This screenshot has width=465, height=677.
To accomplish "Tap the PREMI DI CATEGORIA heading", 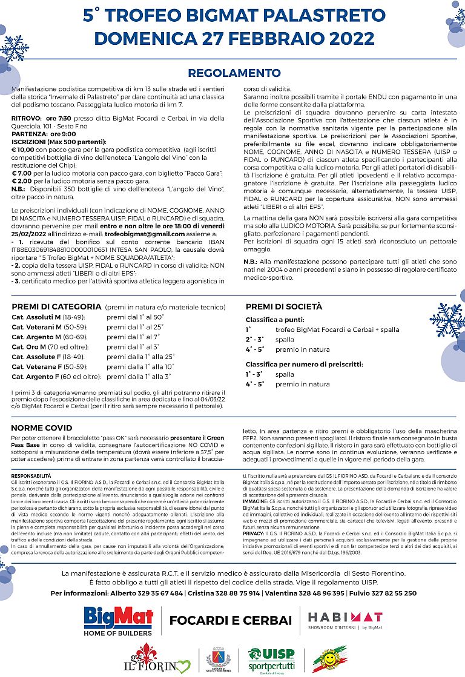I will point(56,307).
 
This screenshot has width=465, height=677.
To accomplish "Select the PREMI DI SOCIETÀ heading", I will point(284,307).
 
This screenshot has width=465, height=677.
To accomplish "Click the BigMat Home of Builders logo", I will point(118,620).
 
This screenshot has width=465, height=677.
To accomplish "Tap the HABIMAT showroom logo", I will point(345,621).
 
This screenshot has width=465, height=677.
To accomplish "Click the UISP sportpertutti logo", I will point(271,658).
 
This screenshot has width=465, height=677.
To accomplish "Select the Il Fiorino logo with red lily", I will point(157,659).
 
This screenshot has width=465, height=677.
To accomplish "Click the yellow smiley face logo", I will point(329,659).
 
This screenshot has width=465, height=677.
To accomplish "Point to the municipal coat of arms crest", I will point(219,659).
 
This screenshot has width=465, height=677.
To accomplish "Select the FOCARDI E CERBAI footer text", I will point(230,621).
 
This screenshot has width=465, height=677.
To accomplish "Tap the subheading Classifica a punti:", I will point(274,319).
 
